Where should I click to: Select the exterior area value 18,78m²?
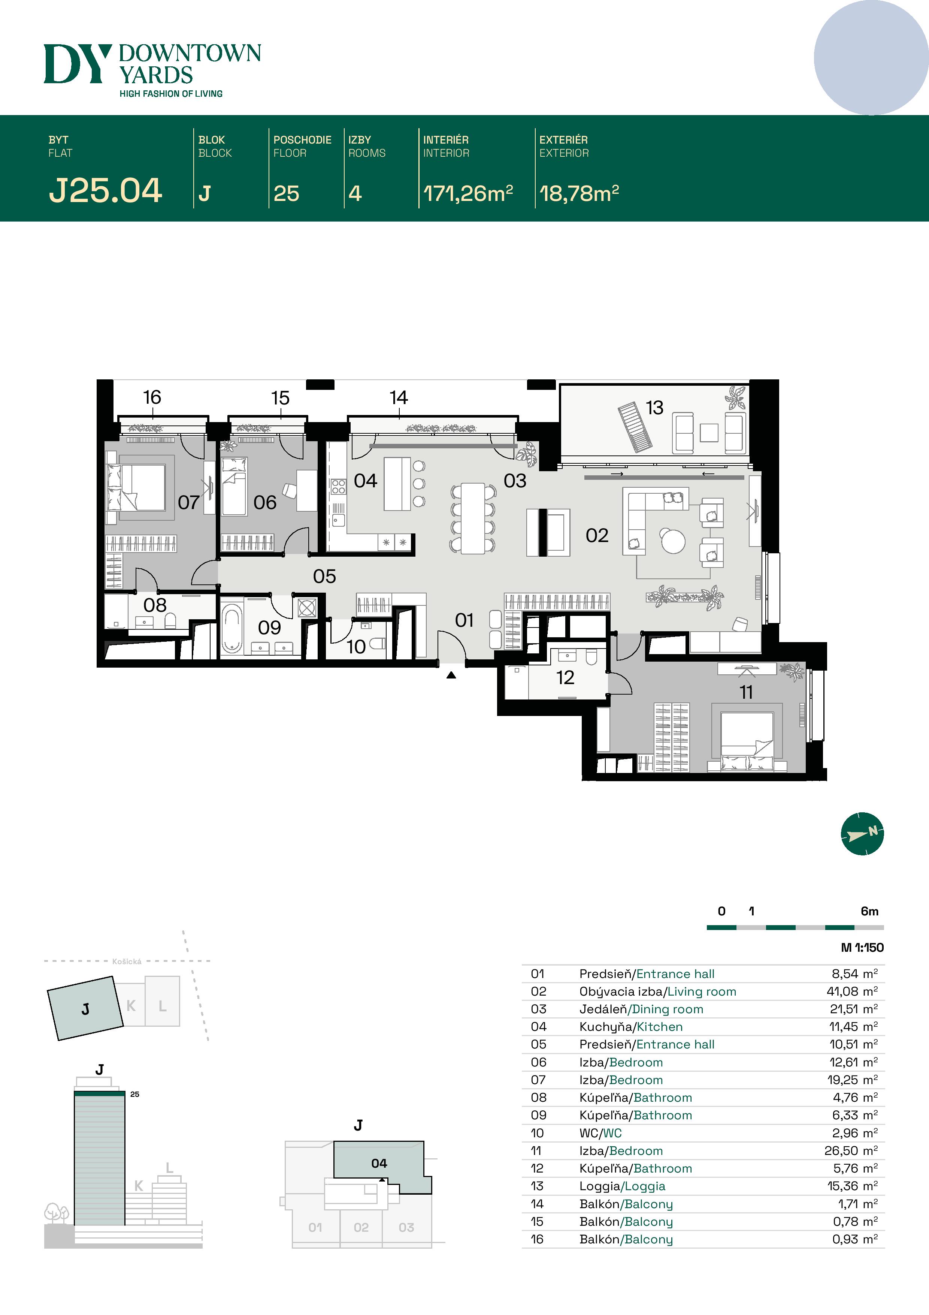579,193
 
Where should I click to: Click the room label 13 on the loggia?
654,408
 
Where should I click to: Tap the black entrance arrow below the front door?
451,675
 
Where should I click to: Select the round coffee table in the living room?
673,541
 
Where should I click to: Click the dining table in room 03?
473,518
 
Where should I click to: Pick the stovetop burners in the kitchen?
338,487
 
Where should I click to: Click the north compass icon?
862,833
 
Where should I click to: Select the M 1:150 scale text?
862,947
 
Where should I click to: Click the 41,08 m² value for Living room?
852,991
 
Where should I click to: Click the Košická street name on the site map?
127,962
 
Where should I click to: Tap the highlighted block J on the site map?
85,1009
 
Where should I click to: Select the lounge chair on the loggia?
635,427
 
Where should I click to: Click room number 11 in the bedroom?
746,692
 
